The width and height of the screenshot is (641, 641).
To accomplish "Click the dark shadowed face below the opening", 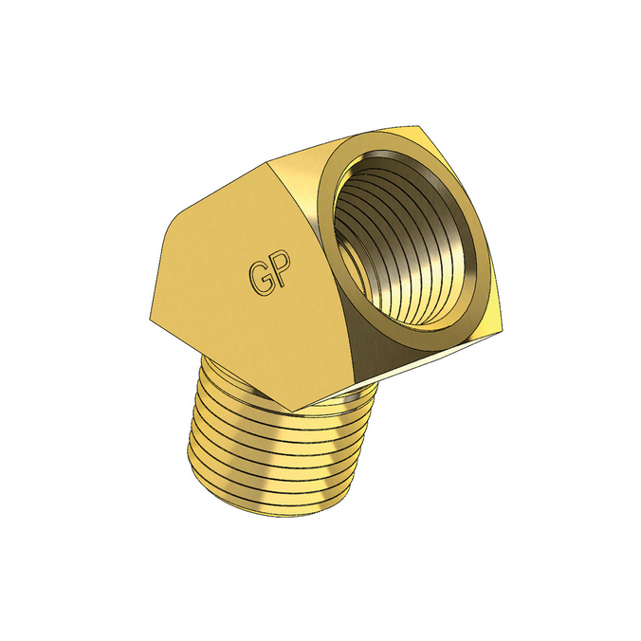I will [x=379, y=351].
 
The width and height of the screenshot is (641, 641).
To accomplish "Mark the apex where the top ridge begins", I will [x=268, y=162].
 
